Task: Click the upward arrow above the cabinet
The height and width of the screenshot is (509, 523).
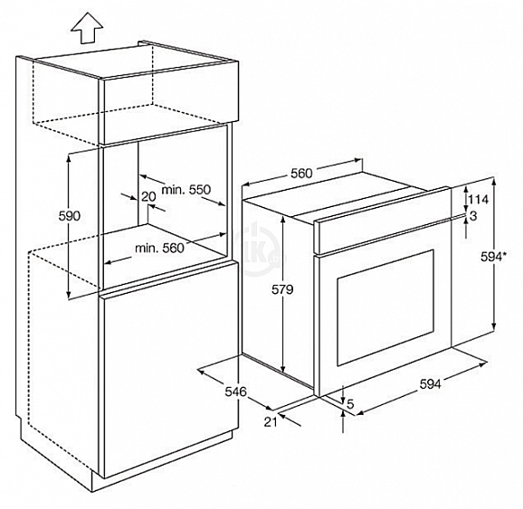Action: click(x=87, y=28)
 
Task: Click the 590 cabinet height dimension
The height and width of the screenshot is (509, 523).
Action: click(x=70, y=216)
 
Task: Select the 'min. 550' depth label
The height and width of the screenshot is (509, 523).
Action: click(x=186, y=190)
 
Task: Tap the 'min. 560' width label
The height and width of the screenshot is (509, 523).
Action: click(x=159, y=248)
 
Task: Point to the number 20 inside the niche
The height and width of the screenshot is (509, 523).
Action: click(x=148, y=197)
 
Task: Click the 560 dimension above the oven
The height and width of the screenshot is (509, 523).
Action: click(x=301, y=174)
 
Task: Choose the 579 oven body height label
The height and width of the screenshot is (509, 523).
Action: click(x=282, y=289)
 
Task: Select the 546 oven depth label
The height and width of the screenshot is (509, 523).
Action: click(x=235, y=391)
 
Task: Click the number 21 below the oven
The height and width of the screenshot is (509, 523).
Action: click(x=271, y=422)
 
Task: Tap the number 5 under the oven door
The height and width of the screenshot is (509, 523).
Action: click(x=350, y=404)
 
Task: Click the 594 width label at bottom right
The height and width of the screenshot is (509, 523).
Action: click(x=430, y=384)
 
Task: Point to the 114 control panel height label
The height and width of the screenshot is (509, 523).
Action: click(x=479, y=199)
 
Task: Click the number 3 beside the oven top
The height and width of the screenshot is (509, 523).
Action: click(x=473, y=216)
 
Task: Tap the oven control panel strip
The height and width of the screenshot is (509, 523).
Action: click(x=383, y=221)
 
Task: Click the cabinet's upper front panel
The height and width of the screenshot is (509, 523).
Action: click(x=168, y=103)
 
